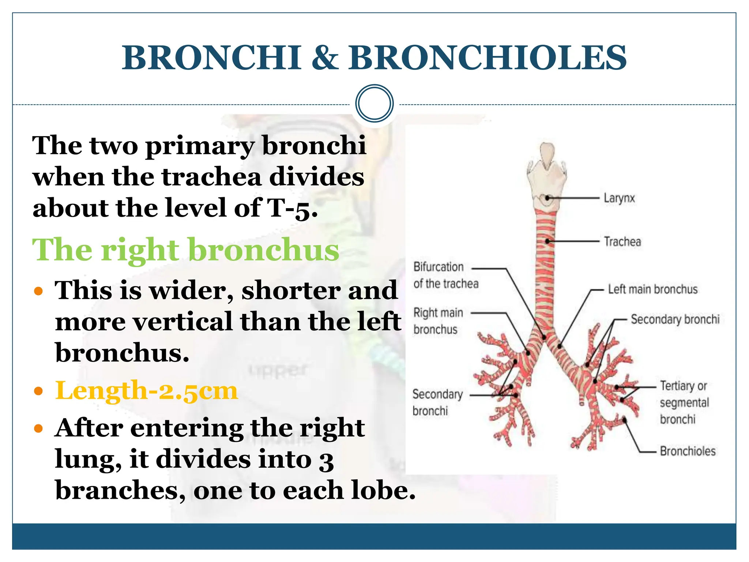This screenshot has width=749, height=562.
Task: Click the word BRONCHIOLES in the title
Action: point(487,58)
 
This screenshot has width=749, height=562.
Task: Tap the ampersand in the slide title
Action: point(325,58)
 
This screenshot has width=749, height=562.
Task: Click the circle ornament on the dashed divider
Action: point(374,104)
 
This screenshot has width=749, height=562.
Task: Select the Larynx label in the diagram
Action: point(619,198)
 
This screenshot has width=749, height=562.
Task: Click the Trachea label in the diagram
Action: point(622,242)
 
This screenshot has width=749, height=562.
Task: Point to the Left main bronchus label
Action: point(652,289)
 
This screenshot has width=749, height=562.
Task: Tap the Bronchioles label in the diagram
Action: point(688,451)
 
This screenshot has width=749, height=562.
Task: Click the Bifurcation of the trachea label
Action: point(445,275)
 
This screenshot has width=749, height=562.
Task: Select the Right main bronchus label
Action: point(438,321)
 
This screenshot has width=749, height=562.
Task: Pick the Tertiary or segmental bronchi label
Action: point(684,402)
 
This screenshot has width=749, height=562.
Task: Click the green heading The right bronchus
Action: point(186,250)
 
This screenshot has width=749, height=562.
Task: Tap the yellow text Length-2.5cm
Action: point(146,390)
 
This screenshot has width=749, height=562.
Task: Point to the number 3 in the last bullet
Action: point(326,460)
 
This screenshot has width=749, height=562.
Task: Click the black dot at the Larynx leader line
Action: point(547,198)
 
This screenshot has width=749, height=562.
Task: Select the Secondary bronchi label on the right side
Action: point(675,319)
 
